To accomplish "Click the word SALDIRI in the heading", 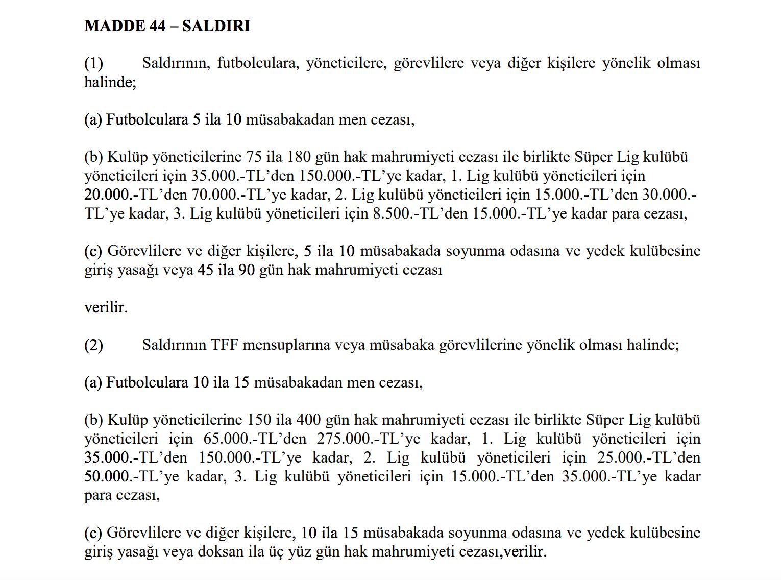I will [x=216, y=26].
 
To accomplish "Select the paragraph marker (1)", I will [x=93, y=63].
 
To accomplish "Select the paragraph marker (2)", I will [x=93, y=345].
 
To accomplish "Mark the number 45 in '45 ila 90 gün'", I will [x=205, y=270].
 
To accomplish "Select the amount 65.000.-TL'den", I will [x=255, y=439].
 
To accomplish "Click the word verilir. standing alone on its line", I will [x=106, y=307].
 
